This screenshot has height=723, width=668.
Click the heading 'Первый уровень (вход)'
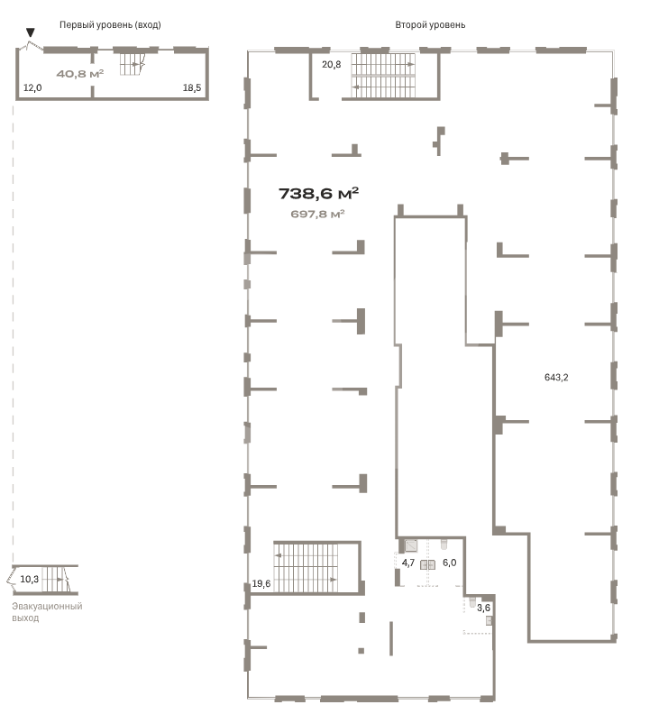pyautogui.click(x=110, y=25)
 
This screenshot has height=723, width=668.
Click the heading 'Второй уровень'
pyautogui.click(x=430, y=25)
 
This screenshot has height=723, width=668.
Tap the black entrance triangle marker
pyautogui.click(x=31, y=32)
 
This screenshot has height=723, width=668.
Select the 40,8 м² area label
pyautogui.click(x=79, y=74)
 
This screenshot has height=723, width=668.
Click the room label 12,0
pyautogui.click(x=32, y=87)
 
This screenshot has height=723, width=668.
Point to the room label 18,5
pyautogui.click(x=192, y=87)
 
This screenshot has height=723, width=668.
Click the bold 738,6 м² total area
pyautogui.click(x=318, y=194)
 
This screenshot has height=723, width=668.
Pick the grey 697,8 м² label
pyautogui.click(x=317, y=214)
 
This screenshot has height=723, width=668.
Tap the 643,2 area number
pyautogui.click(x=556, y=377)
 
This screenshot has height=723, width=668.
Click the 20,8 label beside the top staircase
pyautogui.click(x=331, y=65)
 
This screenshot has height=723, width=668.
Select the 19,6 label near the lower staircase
pyautogui.click(x=261, y=584)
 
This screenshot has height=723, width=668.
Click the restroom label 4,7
pyautogui.click(x=408, y=563)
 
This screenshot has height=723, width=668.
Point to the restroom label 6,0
pyautogui.click(x=449, y=563)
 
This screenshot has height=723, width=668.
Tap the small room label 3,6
pyautogui.click(x=483, y=608)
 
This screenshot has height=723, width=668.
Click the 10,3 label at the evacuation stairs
pyautogui.click(x=29, y=579)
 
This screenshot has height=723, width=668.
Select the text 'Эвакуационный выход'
pyautogui.click(x=47, y=612)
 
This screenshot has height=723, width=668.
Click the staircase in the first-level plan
pyautogui.click(x=133, y=64)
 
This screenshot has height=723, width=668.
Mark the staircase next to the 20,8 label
pyautogui.click(x=383, y=76)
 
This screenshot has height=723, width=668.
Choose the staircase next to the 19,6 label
pyautogui.click(x=306, y=568)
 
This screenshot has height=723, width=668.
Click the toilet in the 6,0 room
pyautogui.click(x=444, y=545)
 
